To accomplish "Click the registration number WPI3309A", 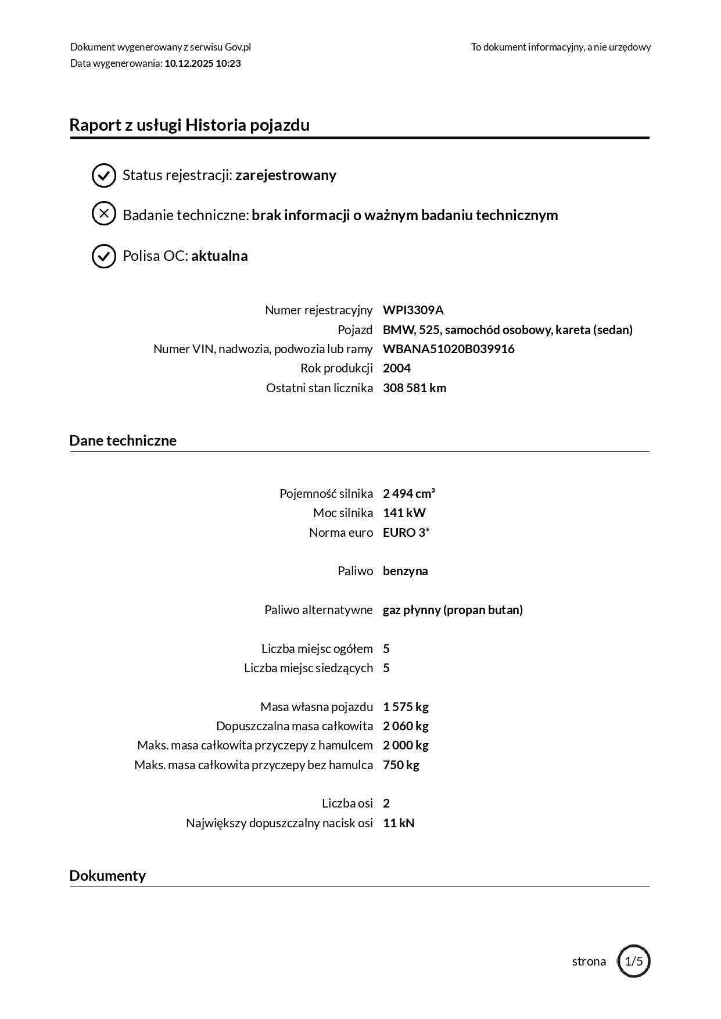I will pyautogui.click(x=413, y=310).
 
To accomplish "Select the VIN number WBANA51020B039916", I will pyautogui.click(x=449, y=349).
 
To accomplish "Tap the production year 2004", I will pyautogui.click(x=397, y=368).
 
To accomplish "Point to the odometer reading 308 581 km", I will pyautogui.click(x=414, y=388).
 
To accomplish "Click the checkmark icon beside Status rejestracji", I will pyautogui.click(x=104, y=175).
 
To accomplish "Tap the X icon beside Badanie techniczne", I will pyautogui.click(x=104, y=214).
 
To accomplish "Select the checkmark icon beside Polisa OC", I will pyautogui.click(x=104, y=256).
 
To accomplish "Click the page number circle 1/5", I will pyautogui.click(x=634, y=961).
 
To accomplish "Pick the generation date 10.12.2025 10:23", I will pyautogui.click(x=203, y=63).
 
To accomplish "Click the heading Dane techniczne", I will pyautogui.click(x=123, y=440).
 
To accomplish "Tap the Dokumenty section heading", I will pyautogui.click(x=107, y=876).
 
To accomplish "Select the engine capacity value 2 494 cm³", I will pyautogui.click(x=409, y=494).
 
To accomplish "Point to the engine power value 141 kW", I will pyautogui.click(x=404, y=513).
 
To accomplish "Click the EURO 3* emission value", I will pyautogui.click(x=406, y=533).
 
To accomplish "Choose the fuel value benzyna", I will pyautogui.click(x=406, y=571).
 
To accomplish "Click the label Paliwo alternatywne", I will pyautogui.click(x=318, y=610).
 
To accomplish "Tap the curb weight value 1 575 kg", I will pyautogui.click(x=406, y=707).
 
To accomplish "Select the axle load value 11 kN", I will pyautogui.click(x=399, y=823).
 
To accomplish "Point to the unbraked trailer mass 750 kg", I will pyautogui.click(x=401, y=765).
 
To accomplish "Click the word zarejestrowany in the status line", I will pyautogui.click(x=286, y=175).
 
